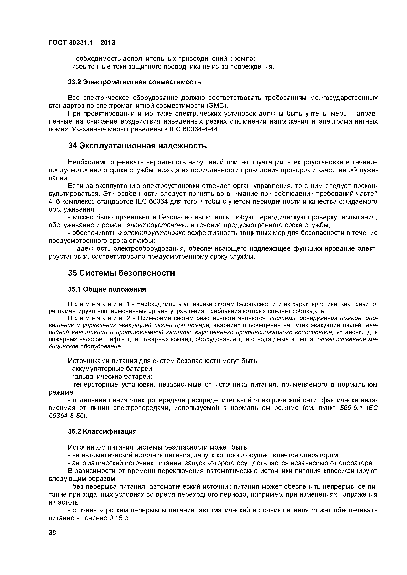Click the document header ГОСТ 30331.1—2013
pos(82,43)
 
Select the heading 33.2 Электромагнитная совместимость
pos(135,82)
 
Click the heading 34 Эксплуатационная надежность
pos(137,146)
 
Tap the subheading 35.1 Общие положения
pos(107,289)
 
